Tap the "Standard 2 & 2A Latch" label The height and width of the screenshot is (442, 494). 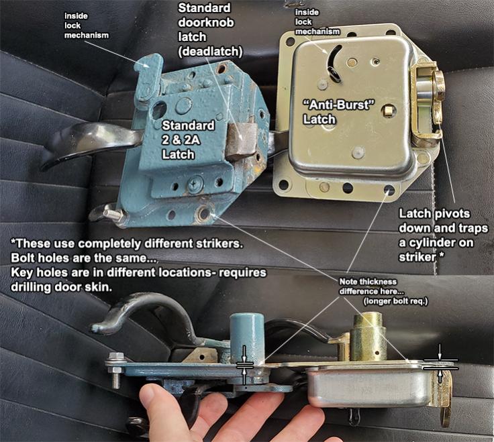[x=189, y=140]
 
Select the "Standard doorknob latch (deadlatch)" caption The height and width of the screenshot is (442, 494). [x=210, y=30]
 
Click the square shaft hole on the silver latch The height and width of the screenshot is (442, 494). [x=388, y=111]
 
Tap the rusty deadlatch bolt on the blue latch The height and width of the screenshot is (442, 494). [x=242, y=139]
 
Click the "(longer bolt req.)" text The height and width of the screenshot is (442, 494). [x=396, y=302]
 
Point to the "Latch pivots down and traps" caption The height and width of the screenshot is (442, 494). [x=443, y=221]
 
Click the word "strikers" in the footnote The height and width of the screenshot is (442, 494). [x=220, y=243]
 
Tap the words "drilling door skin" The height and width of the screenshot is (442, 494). [x=62, y=287]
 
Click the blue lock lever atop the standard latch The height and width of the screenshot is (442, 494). [x=148, y=78]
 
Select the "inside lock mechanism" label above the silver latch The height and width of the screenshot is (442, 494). [x=317, y=21]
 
